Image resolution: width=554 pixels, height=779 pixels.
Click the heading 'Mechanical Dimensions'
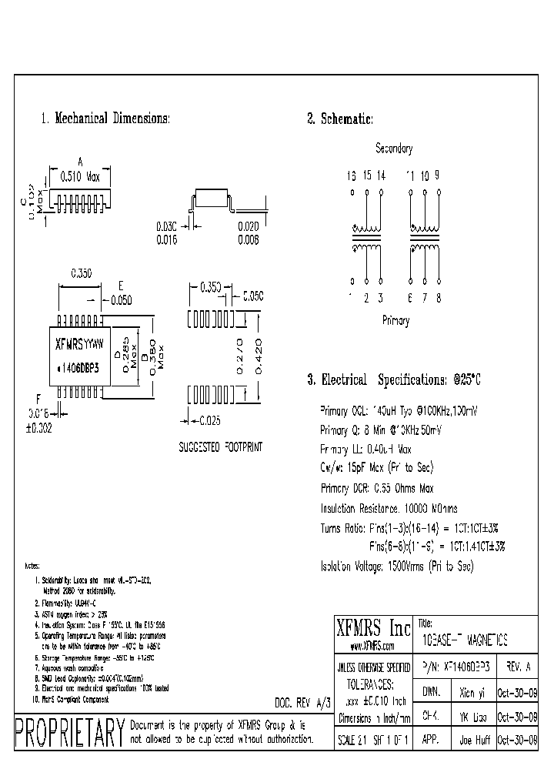pyautogui.click(x=105, y=119)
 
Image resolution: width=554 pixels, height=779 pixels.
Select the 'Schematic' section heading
pyautogui.click(x=340, y=119)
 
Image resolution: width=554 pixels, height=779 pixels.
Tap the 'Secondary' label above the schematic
pyautogui.click(x=393, y=149)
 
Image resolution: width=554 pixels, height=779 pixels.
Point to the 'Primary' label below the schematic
pyautogui.click(x=395, y=321)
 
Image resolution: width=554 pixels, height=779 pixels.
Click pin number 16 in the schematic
pyautogui.click(x=352, y=176)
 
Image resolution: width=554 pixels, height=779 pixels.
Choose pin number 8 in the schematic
pyautogui.click(x=438, y=298)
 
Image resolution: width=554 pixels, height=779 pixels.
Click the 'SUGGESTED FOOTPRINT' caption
pyautogui.click(x=221, y=447)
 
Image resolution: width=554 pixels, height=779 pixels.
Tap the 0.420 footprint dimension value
pyautogui.click(x=259, y=356)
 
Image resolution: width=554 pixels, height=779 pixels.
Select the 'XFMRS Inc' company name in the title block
pyautogui.click(x=374, y=625)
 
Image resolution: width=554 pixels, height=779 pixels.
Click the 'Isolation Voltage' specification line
pyautogui.click(x=396, y=566)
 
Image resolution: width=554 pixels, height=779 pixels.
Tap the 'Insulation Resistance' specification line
pyautogui.click(x=399, y=508)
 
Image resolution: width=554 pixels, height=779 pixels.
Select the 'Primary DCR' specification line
pyautogui.click(x=377, y=488)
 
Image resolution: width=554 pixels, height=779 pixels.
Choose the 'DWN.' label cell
pyautogui.click(x=430, y=692)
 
